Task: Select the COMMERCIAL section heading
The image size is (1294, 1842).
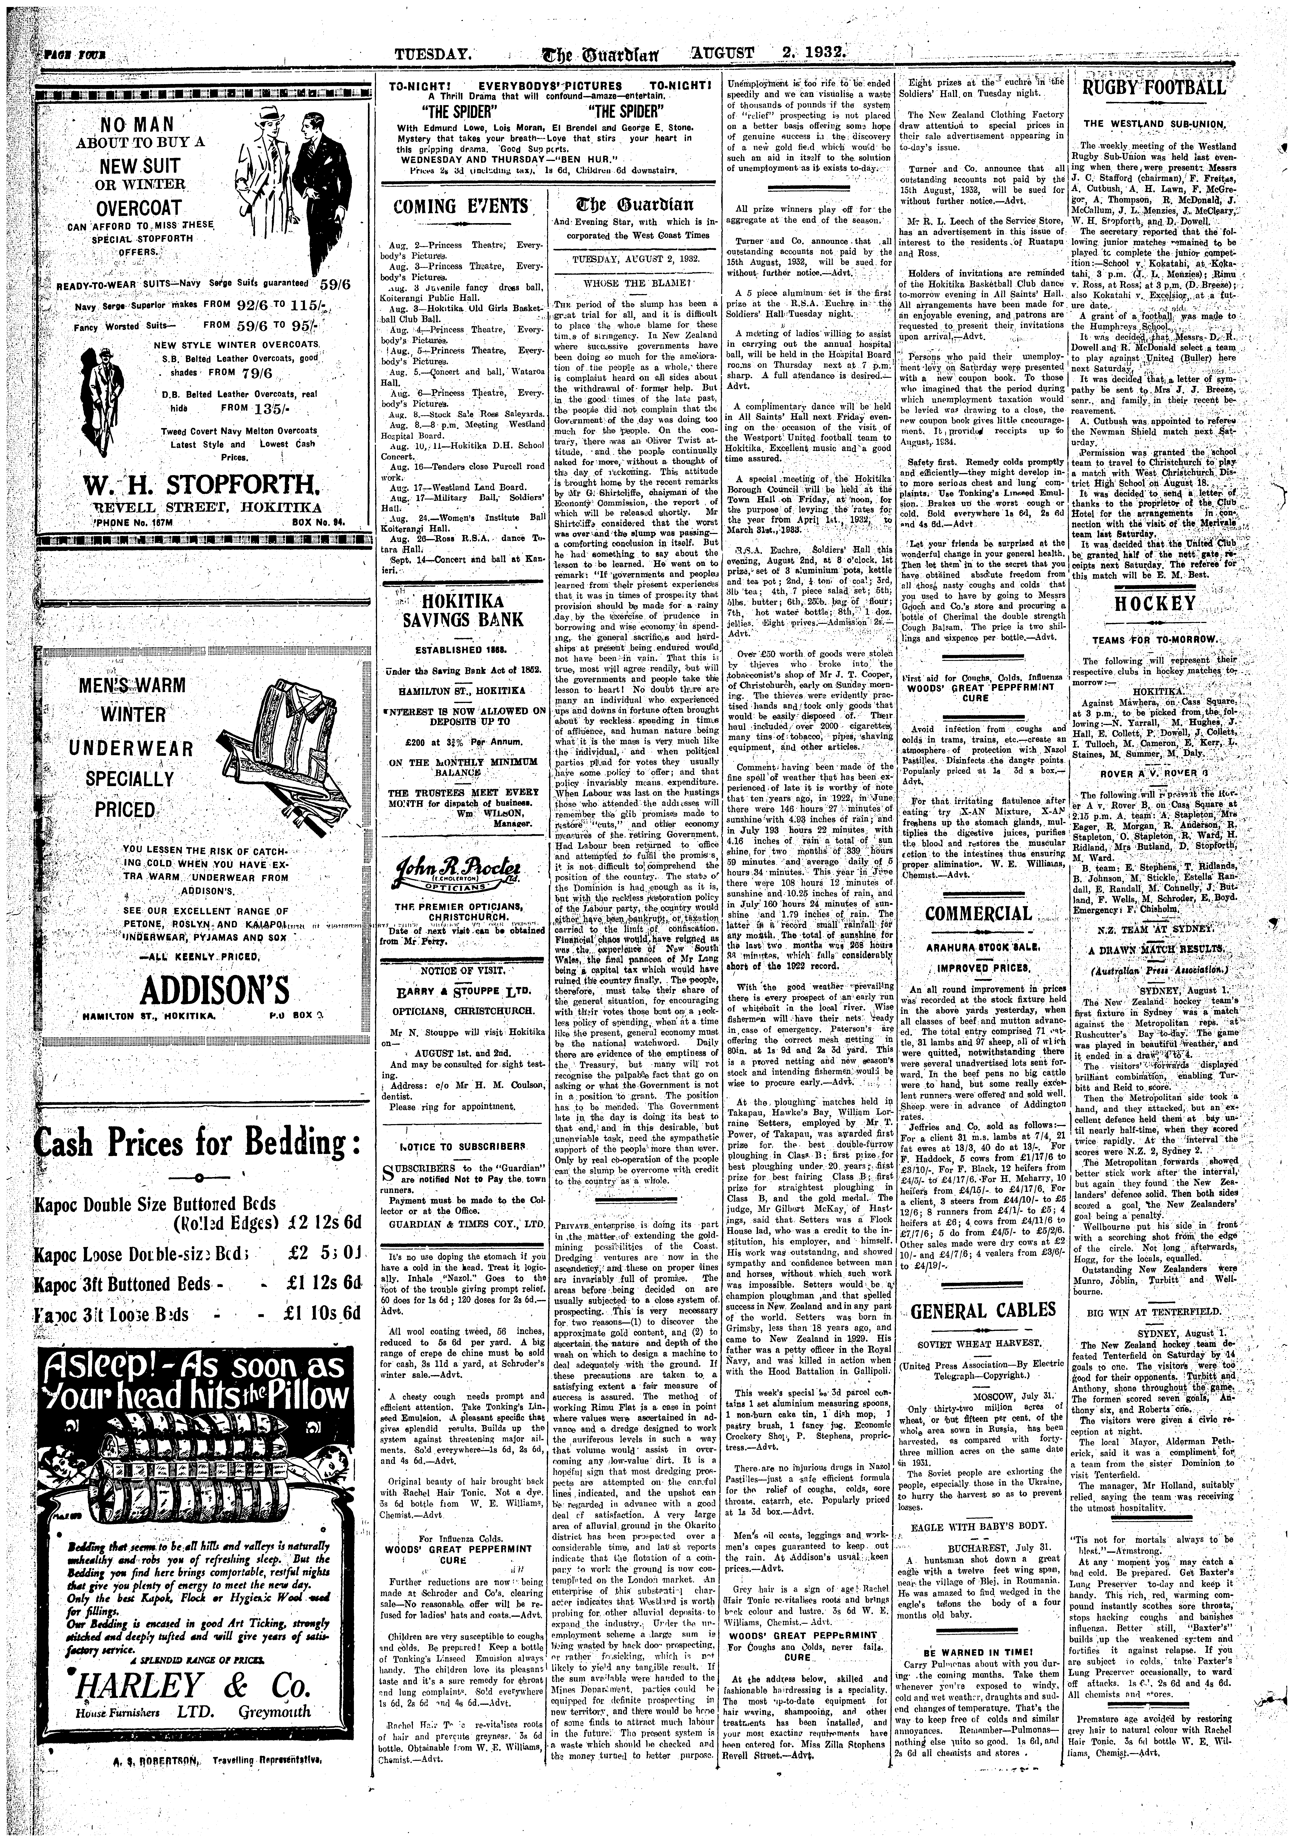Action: [x=977, y=914]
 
